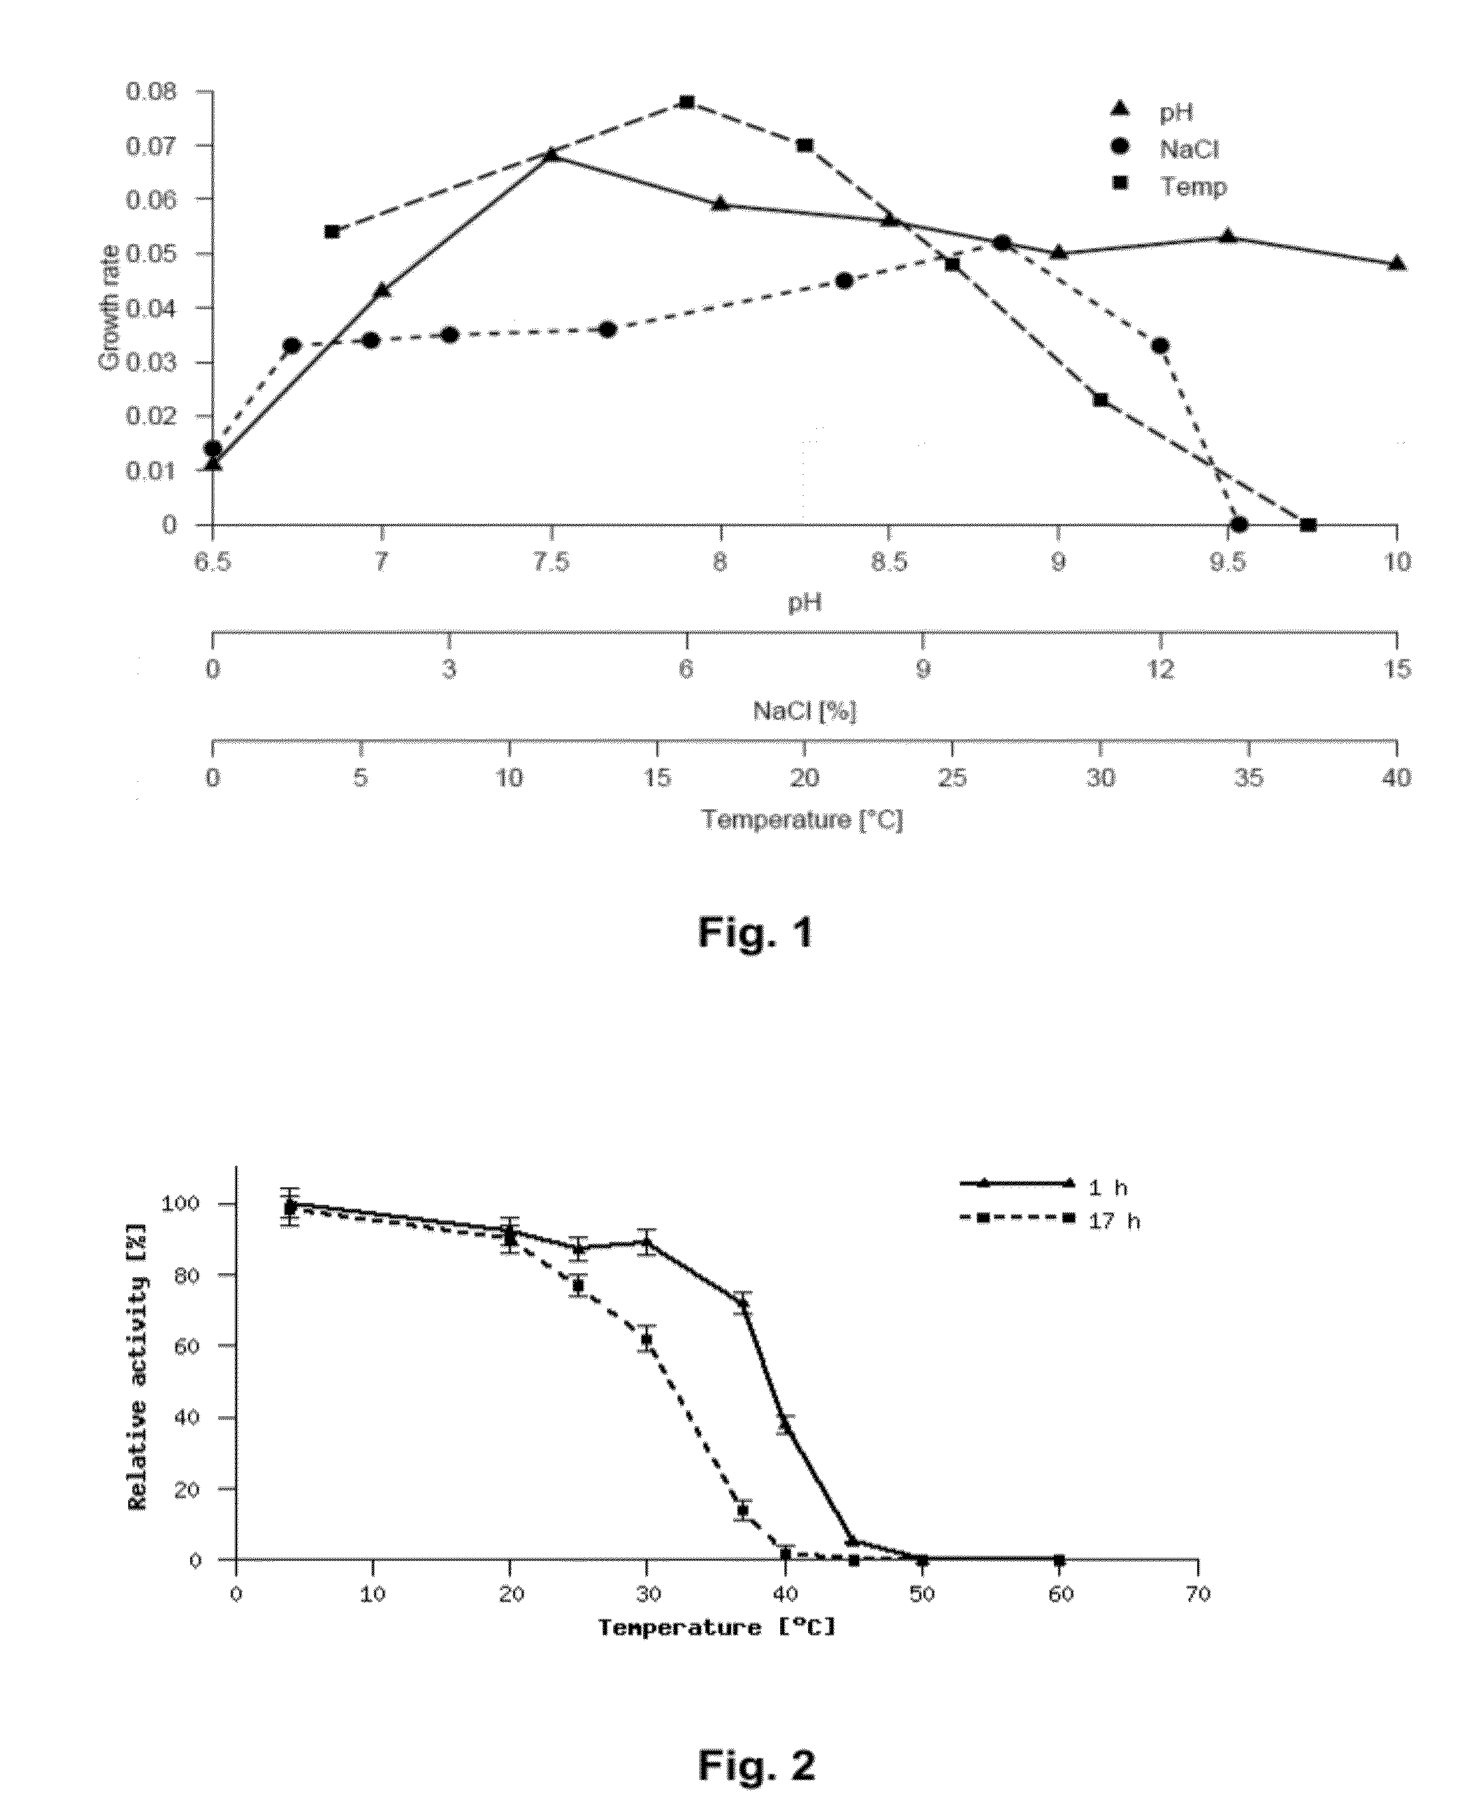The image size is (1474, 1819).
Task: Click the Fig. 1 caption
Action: point(755,932)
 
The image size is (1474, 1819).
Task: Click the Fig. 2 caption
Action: point(756,1766)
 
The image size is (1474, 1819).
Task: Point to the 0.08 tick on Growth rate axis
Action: point(152,91)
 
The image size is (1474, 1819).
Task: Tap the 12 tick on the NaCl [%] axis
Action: point(1161,669)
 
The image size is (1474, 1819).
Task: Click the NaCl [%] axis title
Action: point(804,711)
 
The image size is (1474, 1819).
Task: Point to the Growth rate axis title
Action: point(109,307)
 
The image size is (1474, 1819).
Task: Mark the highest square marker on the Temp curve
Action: point(687,103)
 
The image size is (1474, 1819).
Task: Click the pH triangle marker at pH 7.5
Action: point(551,154)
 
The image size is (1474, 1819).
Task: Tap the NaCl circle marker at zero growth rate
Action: point(1239,524)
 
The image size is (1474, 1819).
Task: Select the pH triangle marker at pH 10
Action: point(1397,263)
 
